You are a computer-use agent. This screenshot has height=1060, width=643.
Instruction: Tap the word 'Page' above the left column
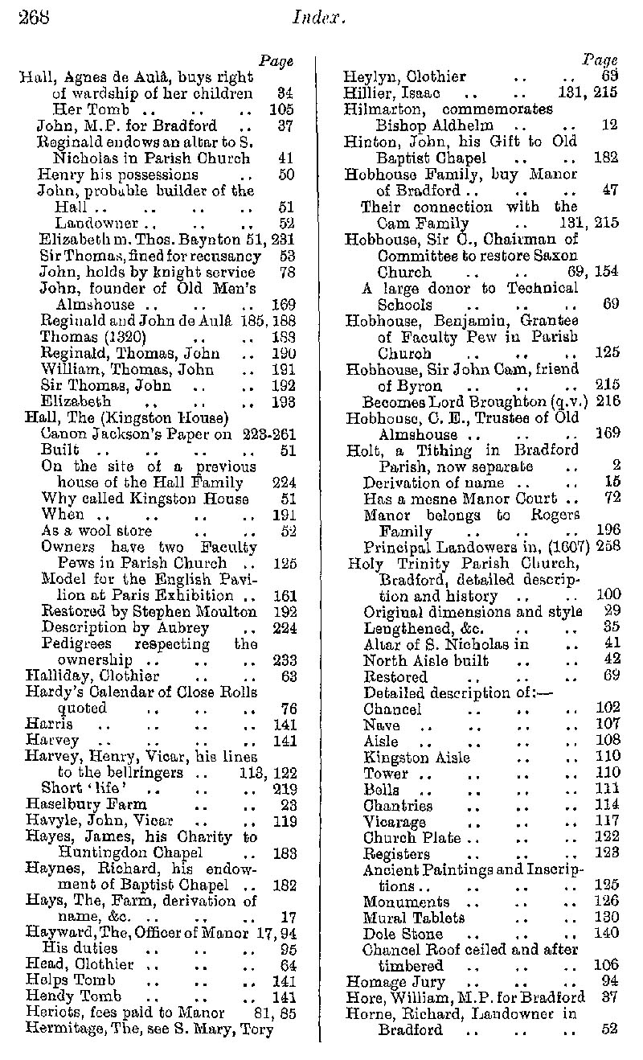276,61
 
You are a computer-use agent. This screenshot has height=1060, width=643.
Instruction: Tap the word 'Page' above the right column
600,60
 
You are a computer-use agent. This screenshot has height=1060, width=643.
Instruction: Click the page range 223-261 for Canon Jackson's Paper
268,433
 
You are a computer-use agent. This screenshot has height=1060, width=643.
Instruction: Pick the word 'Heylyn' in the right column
367,77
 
